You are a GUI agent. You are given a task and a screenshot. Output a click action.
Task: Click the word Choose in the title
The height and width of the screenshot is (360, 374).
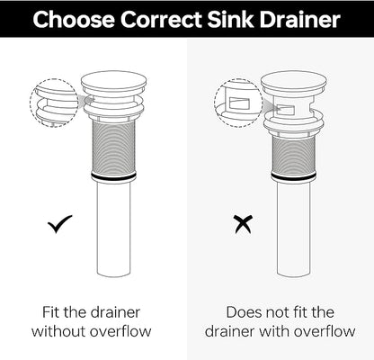click(74, 20)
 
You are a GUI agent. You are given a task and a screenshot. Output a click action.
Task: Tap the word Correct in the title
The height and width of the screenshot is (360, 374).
click(162, 20)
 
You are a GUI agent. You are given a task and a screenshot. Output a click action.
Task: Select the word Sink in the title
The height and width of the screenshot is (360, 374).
click(230, 20)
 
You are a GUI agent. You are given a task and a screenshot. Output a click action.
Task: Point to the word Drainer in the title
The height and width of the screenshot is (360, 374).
click(300, 20)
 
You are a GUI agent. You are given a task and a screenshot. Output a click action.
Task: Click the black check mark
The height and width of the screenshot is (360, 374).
click(60, 224)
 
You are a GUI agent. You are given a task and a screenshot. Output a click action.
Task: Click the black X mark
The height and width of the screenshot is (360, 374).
click(244, 224)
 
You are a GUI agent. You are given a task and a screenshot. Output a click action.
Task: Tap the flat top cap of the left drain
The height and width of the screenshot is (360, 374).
click(114, 82)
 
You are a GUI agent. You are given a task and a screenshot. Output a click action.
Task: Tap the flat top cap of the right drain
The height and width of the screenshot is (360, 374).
click(294, 82)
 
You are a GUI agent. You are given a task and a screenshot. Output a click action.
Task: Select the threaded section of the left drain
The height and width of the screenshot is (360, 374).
click(113, 148)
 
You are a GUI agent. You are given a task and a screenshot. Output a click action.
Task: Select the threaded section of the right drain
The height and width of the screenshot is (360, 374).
click(294, 156)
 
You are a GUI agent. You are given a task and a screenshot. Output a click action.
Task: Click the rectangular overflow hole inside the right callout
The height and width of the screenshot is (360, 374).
click(239, 103)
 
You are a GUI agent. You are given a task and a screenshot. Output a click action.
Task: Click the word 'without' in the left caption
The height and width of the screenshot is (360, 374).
click(58, 331)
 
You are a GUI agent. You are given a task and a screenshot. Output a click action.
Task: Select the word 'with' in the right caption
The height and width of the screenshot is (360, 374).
click(275, 331)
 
